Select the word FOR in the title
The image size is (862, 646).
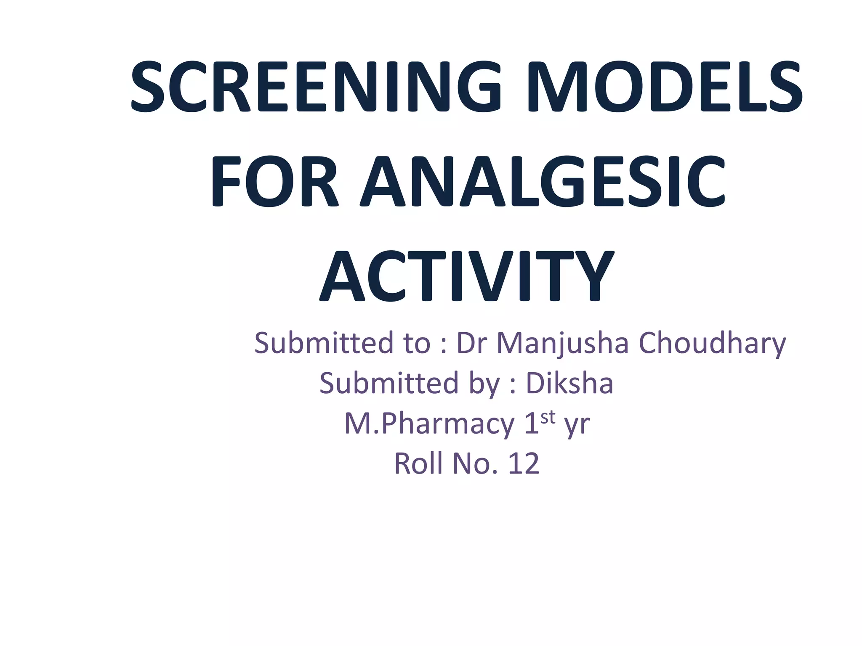click(x=274, y=182)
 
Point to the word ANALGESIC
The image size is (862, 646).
click(x=543, y=182)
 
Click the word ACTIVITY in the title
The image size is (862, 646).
click(x=466, y=276)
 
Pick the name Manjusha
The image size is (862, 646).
click(x=562, y=344)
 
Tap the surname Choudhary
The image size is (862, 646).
click(x=712, y=344)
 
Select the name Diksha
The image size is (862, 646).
click(x=569, y=383)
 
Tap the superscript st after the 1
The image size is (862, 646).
click(x=548, y=417)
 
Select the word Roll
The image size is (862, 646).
click(x=419, y=464)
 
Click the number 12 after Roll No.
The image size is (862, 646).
click(x=524, y=464)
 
